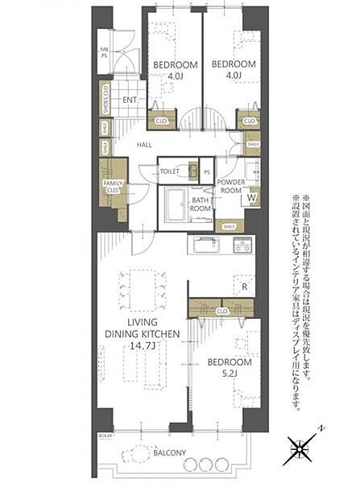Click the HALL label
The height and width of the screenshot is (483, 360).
pos(144,145)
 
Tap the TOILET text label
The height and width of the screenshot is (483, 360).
pos(169,171)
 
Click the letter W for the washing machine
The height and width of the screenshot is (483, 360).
pos(251,196)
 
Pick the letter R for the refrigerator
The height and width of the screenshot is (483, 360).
pos(242,286)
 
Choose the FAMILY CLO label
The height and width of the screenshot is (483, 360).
pos(113,188)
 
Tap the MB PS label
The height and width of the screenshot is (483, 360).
pos(103,54)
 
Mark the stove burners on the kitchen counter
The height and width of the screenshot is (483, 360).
pos(243,245)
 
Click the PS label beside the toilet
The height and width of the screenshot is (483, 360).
pos(207,171)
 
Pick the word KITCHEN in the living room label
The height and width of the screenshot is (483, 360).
pos(165,334)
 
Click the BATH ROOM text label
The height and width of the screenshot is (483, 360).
pos(201,204)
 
